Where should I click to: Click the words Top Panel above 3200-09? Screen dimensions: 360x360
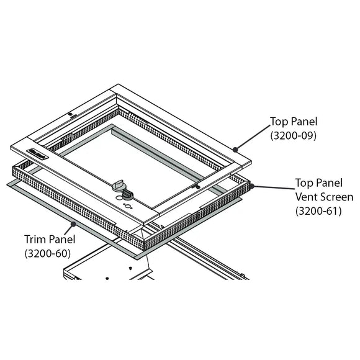(293, 121)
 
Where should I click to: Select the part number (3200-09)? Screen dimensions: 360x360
(293, 135)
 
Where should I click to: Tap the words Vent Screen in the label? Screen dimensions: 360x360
(323, 197)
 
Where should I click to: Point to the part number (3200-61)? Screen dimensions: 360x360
(317, 210)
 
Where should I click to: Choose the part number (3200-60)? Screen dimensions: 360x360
(47, 253)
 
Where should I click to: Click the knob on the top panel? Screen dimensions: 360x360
(119, 187)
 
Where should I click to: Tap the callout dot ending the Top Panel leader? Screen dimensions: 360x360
(235, 149)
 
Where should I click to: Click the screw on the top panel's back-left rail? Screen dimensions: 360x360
(72, 115)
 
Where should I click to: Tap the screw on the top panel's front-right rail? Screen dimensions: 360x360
(197, 186)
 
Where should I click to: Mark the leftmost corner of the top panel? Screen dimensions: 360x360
(11, 147)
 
